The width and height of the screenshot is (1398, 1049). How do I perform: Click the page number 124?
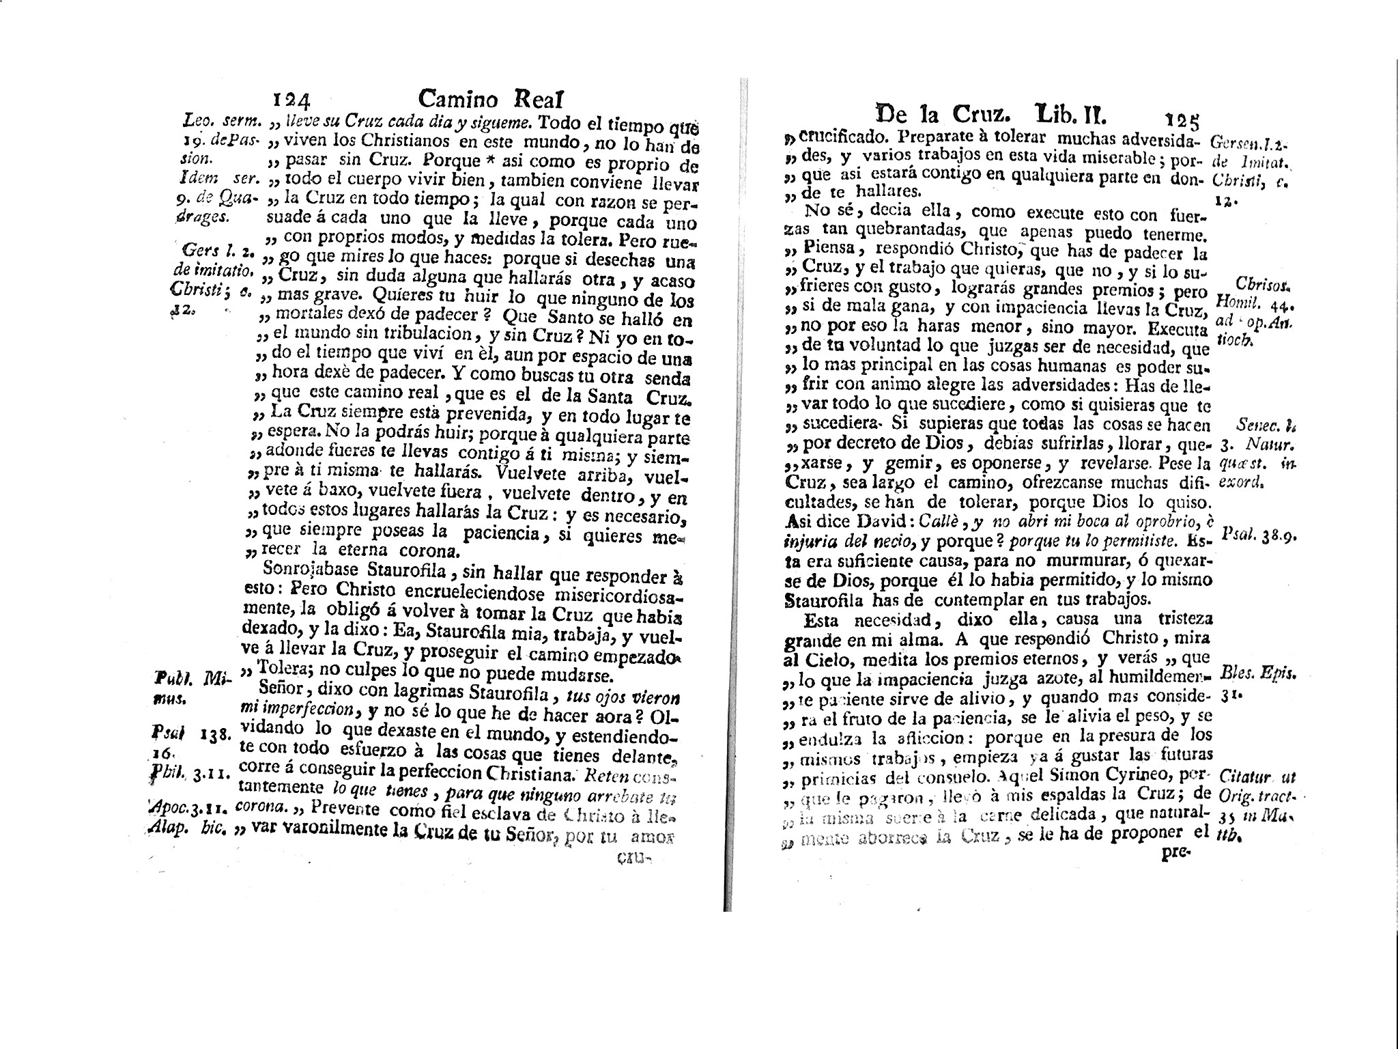click(x=291, y=101)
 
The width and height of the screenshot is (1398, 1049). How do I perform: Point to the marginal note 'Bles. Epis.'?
click(x=1259, y=673)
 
